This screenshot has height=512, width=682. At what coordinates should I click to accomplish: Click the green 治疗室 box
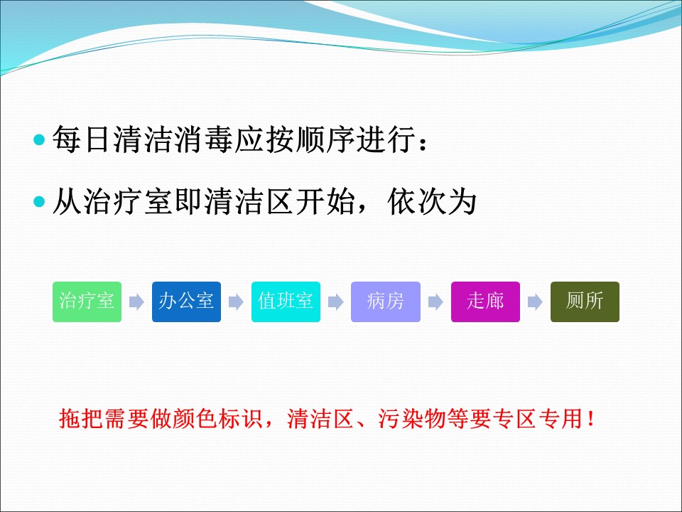[x=87, y=302]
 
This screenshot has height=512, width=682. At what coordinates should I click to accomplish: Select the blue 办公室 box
[x=186, y=302]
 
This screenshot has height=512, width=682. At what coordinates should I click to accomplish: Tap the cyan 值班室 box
[x=286, y=302]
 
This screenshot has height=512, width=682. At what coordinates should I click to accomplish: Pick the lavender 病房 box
[x=386, y=302]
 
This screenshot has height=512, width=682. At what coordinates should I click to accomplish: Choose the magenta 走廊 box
[x=485, y=302]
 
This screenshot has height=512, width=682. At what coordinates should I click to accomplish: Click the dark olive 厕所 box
[x=585, y=302]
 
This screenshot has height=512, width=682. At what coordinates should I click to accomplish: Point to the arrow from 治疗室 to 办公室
[x=136, y=302]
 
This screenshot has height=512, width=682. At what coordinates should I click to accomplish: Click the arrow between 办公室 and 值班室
[x=236, y=302]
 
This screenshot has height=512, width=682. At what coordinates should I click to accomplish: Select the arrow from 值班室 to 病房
[x=336, y=302]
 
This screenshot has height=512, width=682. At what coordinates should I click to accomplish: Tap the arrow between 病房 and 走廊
[x=435, y=302]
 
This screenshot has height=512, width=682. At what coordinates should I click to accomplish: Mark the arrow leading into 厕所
[x=536, y=302]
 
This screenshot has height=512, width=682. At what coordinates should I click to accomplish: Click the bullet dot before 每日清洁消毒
[x=39, y=140]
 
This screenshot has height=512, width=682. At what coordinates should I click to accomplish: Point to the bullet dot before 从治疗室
[x=39, y=201]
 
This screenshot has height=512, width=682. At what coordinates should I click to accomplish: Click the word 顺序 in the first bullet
[x=325, y=140]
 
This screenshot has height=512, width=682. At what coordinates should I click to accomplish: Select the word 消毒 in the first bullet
[x=204, y=140]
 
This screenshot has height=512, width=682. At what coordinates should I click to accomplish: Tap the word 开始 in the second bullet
[x=325, y=201]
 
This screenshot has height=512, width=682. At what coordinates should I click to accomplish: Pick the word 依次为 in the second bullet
[x=432, y=201]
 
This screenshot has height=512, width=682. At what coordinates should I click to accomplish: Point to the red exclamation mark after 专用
[x=590, y=419]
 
